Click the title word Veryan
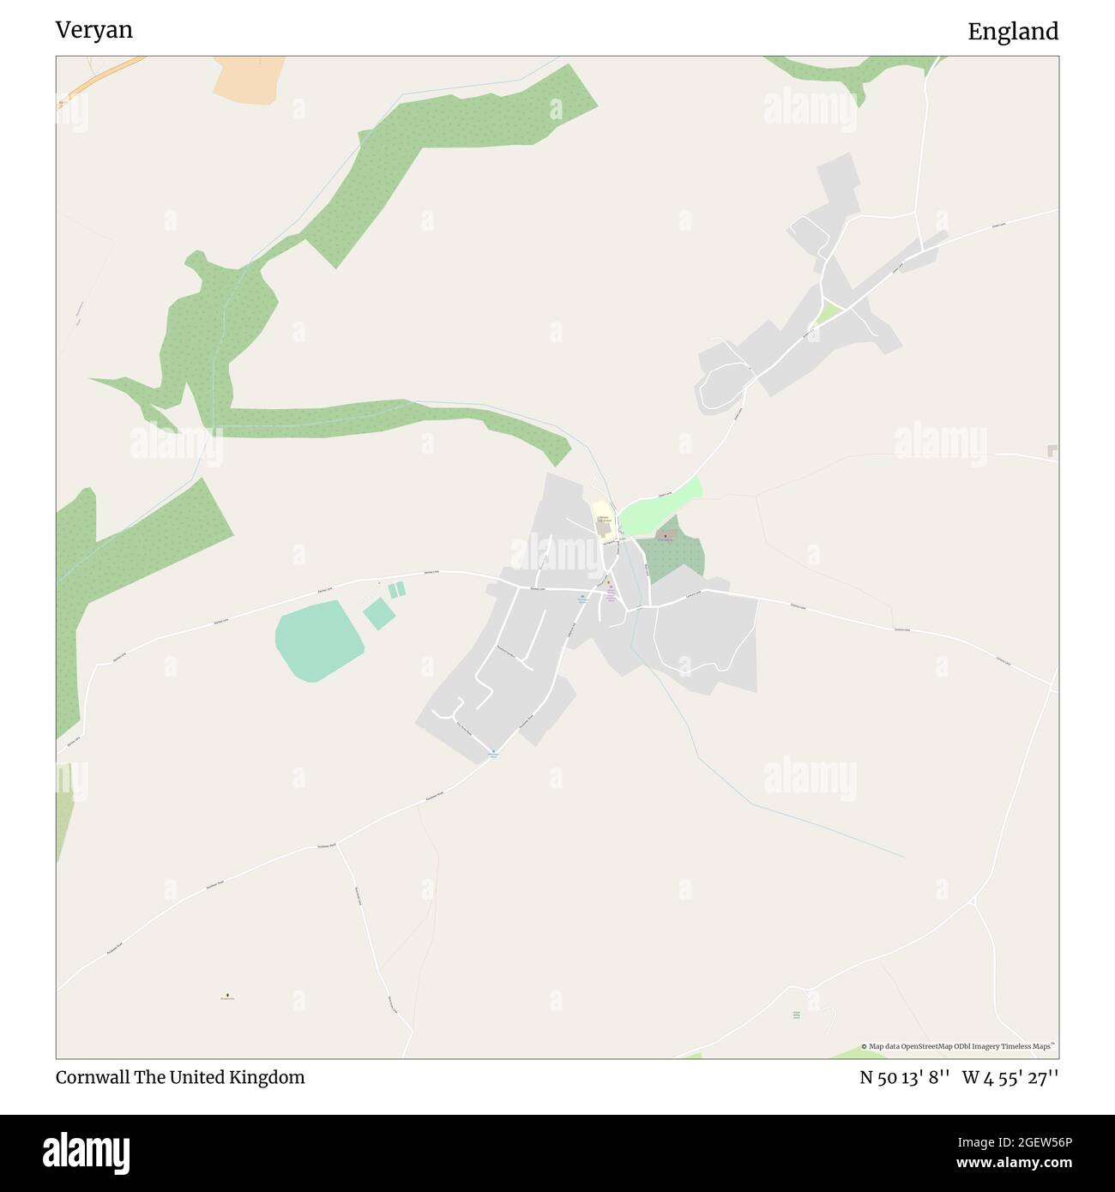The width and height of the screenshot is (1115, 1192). click(x=93, y=30)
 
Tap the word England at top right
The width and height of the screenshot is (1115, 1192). click(x=1012, y=32)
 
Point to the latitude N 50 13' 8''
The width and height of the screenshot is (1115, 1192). click(x=904, y=1078)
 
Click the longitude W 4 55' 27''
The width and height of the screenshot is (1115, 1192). click(x=1010, y=1078)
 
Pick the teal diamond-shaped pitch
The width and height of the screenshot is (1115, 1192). click(x=378, y=614)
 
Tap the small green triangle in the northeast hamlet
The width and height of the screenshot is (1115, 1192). click(x=827, y=312)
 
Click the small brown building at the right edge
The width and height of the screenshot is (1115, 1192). click(x=1052, y=451)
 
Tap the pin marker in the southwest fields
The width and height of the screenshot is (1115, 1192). click(x=227, y=996)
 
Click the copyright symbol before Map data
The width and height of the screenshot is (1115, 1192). click(x=864, y=1046)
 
